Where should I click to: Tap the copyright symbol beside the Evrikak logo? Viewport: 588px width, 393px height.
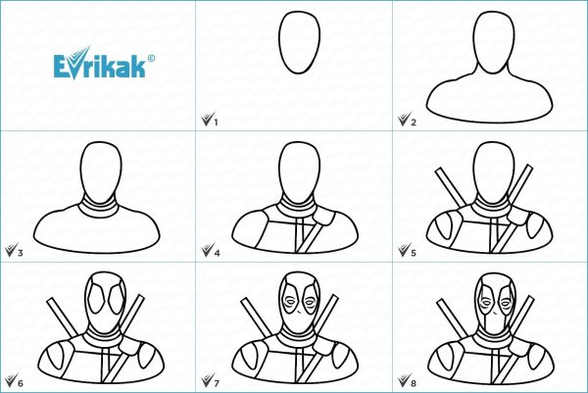coord(151,58)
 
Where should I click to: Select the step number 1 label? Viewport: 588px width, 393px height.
coord(216,123)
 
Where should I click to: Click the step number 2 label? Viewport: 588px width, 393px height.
coord(414,123)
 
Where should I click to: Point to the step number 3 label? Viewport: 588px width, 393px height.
coord(21,253)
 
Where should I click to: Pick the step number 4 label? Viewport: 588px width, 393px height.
coord(217,253)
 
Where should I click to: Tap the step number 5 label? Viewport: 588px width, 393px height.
coord(414,253)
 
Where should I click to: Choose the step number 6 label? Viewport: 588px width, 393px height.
coord(21,383)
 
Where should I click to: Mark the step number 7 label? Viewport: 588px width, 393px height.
coord(217,383)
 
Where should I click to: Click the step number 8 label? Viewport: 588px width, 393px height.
coord(414,383)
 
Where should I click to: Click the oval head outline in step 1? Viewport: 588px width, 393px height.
coord(279,42)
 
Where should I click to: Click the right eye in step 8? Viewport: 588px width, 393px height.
coord(505,302)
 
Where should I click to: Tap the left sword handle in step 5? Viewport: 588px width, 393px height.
coord(451,187)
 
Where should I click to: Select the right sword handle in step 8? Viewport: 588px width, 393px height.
coord(522,315)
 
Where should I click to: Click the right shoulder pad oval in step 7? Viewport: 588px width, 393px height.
coord(340,356)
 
